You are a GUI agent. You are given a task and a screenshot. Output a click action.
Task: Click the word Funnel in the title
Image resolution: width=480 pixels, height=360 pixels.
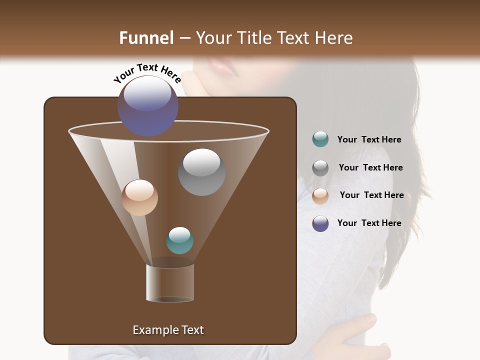146,38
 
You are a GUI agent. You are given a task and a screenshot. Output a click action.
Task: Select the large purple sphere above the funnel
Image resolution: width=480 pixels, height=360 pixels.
147,105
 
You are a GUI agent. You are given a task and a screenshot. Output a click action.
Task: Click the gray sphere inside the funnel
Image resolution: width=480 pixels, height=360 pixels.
201,171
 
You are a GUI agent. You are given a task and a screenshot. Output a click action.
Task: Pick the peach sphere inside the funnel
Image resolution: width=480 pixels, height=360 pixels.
139,197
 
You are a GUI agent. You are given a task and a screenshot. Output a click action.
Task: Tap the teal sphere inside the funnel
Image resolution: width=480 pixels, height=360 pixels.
179,240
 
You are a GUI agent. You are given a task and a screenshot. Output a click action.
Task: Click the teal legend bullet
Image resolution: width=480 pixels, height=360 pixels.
320,139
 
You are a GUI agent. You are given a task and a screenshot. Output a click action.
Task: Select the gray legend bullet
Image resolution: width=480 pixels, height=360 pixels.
320,167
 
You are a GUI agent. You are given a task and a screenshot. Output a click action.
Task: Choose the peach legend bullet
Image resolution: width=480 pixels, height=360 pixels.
320,195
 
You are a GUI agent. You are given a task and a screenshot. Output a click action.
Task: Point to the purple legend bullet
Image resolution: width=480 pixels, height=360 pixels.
320,223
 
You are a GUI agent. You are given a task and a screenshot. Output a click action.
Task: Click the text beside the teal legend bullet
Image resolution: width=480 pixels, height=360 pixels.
369,140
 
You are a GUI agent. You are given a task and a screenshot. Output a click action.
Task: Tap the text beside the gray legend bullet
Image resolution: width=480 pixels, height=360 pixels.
370,168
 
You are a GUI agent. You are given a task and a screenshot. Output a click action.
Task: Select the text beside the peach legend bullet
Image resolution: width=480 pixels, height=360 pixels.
371,195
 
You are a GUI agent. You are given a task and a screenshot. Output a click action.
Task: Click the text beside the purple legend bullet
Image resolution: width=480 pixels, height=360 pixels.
369,223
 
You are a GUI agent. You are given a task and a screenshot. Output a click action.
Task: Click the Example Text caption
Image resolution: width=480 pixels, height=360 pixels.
168,330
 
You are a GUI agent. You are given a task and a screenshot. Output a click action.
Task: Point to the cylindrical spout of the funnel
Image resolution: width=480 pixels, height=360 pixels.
170,282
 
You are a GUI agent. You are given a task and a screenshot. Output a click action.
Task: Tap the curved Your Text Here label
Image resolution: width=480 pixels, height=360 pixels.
147,73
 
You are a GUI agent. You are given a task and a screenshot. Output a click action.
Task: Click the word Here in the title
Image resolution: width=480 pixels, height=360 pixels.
333,38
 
